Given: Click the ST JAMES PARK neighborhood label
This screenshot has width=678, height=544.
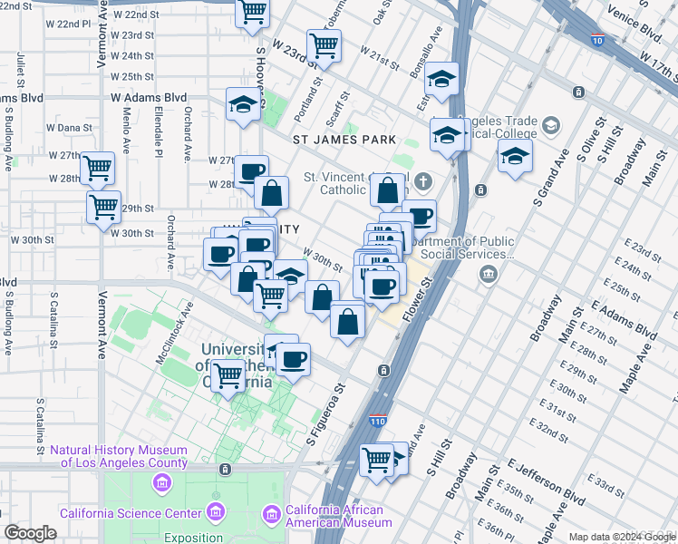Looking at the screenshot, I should click(x=344, y=140).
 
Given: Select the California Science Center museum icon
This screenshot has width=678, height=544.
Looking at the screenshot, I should click(x=215, y=512).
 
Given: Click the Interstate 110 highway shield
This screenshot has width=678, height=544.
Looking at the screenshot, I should click(x=379, y=421).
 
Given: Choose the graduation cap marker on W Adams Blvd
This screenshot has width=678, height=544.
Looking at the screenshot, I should click(x=243, y=105).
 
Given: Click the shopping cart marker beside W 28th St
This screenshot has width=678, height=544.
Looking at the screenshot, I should click(x=96, y=168).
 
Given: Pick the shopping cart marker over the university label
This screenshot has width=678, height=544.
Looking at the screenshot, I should click(x=228, y=374).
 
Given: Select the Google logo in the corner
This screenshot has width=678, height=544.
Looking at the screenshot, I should click(x=31, y=533).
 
